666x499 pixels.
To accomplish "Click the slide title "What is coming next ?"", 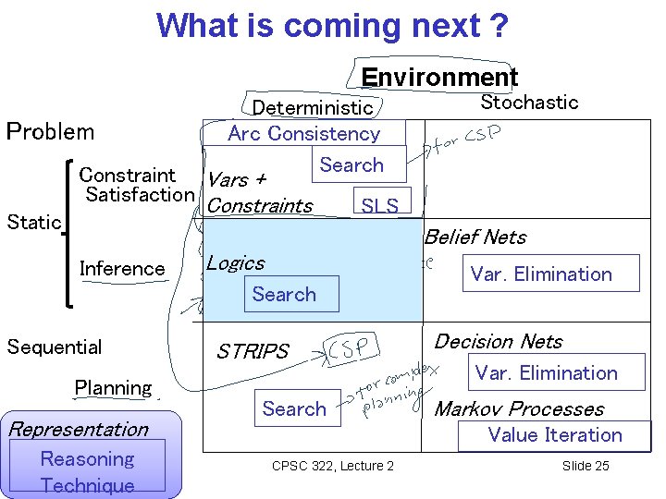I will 332,25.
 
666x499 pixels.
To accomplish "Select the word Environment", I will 439,77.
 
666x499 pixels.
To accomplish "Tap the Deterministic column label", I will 313,108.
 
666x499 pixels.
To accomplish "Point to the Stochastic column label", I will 529,103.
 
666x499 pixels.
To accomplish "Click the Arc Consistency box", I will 304,133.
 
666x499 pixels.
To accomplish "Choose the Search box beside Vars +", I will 351,164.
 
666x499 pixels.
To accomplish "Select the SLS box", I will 380,205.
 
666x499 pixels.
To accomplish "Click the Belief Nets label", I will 475,237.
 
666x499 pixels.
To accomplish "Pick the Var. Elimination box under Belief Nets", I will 541,274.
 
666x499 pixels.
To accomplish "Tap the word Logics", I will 235,263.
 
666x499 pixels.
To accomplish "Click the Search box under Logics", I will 284,294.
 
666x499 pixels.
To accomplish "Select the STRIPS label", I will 253,351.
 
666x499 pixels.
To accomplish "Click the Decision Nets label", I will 498,342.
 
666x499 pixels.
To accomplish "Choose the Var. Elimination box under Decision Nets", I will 546,373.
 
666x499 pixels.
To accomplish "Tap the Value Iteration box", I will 555,435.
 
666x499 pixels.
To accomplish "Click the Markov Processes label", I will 519,409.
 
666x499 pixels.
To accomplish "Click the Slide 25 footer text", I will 586,466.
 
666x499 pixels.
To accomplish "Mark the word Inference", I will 122,269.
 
